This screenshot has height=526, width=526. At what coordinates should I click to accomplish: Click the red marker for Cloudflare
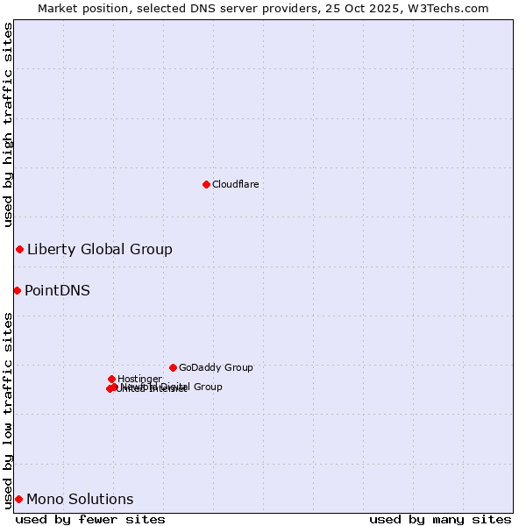pyautogui.click(x=206, y=184)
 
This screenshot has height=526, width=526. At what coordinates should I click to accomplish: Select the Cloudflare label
pyautogui.click(x=235, y=184)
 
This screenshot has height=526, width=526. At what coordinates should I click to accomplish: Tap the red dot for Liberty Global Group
pyautogui.click(x=19, y=250)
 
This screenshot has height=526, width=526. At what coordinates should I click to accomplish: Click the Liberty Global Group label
pyautogui.click(x=99, y=250)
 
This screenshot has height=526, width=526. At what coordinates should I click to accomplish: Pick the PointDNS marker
pyautogui.click(x=17, y=290)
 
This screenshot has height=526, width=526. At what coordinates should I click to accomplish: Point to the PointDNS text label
pyautogui.click(x=57, y=291)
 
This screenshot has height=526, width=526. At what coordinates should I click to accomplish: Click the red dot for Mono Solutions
pyautogui.click(x=18, y=499)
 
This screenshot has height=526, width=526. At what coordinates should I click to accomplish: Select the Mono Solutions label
pyautogui.click(x=80, y=500)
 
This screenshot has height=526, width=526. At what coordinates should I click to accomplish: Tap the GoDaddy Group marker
pyautogui.click(x=173, y=367)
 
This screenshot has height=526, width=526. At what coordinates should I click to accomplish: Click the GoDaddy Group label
pyautogui.click(x=216, y=368)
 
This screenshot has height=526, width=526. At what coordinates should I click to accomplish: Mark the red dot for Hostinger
pyautogui.click(x=111, y=379)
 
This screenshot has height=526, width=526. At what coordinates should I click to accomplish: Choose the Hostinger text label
pyautogui.click(x=139, y=379)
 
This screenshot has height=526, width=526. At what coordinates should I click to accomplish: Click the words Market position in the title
pyautogui.click(x=82, y=8)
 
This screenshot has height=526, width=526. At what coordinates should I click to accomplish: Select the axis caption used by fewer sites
pyautogui.click(x=90, y=519)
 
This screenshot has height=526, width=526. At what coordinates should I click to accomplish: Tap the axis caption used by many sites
pyautogui.click(x=440, y=519)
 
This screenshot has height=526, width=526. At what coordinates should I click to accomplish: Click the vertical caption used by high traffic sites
pyautogui.click(x=8, y=125)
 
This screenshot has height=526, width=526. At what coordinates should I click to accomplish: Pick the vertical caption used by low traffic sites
pyautogui.click(x=8, y=410)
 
